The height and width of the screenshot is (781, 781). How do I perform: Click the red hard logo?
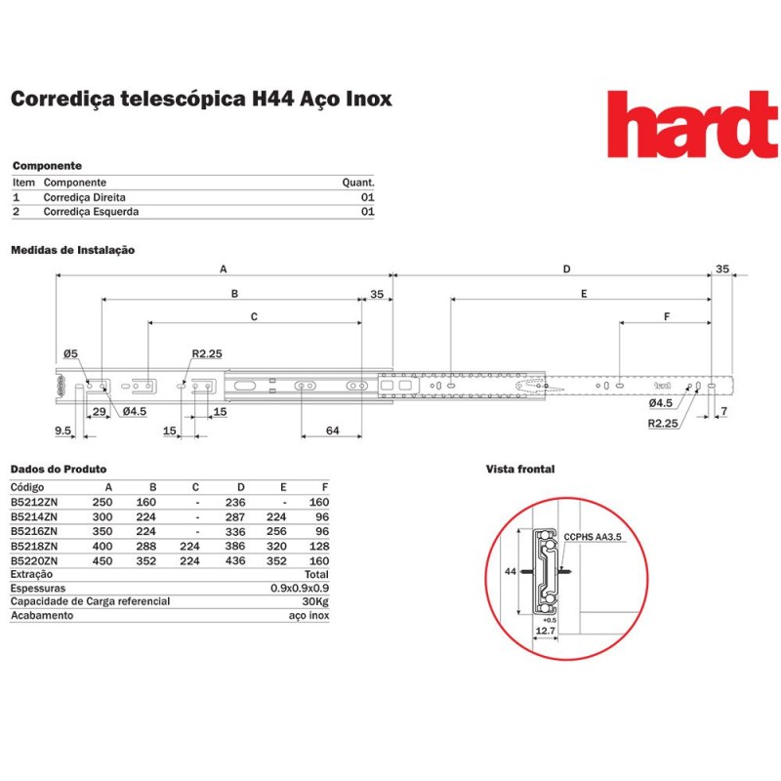pos(693,124)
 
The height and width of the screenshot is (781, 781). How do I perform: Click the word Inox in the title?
pos(369,99)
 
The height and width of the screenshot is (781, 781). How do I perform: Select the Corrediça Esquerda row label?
pos(91,212)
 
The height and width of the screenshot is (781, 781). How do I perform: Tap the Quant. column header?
pos(358,183)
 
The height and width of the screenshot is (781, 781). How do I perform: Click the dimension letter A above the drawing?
pos(224,269)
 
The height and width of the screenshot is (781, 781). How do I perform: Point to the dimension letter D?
pos(566,269)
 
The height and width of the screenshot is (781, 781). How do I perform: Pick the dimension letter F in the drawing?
pos(667,316)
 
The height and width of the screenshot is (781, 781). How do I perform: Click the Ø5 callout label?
pos(70,353)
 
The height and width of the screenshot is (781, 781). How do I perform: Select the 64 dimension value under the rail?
pos(332,431)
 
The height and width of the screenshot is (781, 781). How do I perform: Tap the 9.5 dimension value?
pos(63,431)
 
